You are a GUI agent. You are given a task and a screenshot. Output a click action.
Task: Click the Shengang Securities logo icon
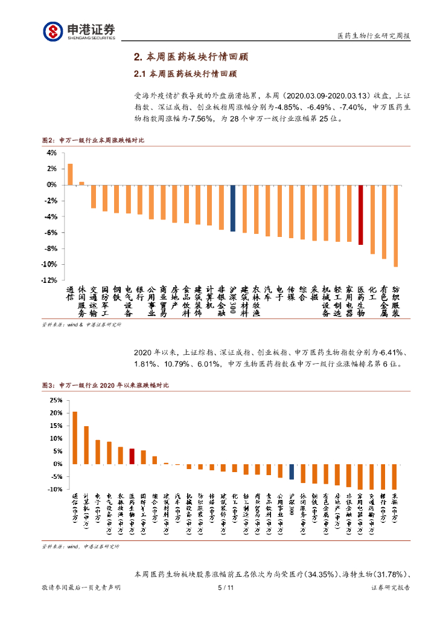point(53,30)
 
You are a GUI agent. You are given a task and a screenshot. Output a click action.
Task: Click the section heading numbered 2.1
point(185,74)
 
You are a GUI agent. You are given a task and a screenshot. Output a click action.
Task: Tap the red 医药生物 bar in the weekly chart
point(360,215)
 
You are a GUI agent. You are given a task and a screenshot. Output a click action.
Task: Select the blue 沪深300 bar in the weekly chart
point(232,208)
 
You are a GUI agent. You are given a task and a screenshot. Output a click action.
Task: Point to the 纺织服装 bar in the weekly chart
point(396,225)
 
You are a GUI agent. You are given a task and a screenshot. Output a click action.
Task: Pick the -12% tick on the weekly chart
point(49,280)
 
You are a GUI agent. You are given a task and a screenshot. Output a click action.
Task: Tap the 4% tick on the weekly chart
point(52,153)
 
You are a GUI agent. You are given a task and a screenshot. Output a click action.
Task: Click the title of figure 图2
point(93,140)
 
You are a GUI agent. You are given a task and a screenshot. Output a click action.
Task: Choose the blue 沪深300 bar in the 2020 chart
point(292,472)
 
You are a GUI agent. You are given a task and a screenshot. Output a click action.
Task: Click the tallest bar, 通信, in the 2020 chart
point(75,438)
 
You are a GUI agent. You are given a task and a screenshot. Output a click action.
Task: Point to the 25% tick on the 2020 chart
point(54,400)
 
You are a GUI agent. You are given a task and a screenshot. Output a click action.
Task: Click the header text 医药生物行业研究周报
point(373,36)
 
